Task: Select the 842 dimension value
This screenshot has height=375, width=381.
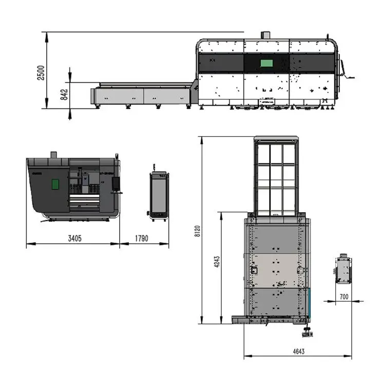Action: [x=64, y=95]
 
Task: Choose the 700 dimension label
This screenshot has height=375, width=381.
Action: [x=344, y=297]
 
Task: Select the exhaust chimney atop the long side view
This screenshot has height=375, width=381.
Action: [x=265, y=35]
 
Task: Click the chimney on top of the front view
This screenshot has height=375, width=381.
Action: [x=53, y=155]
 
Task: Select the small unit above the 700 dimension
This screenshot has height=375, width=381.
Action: [x=343, y=269]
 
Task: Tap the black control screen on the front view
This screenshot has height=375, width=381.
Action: [x=116, y=183]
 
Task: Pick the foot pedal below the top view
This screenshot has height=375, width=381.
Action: [x=307, y=334]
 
